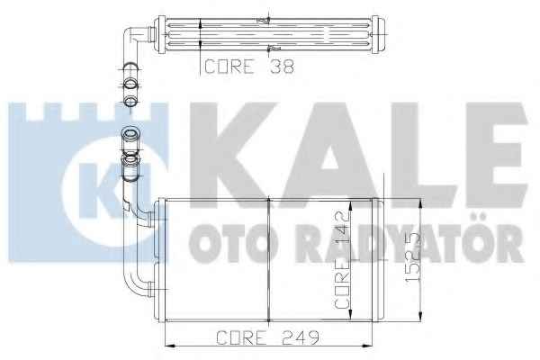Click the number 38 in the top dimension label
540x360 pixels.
[282, 66]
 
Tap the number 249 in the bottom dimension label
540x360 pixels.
[301, 337]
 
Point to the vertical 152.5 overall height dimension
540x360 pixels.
[413, 257]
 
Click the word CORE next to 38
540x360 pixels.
[229, 66]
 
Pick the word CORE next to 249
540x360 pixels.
[241, 337]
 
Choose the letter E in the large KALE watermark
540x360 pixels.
[495, 155]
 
